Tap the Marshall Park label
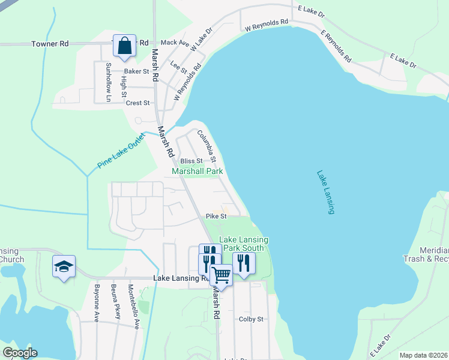(x=197, y=171)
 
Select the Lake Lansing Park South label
(x=244, y=244)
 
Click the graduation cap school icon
(x=64, y=266)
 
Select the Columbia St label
(x=206, y=147)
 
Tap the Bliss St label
(x=191, y=161)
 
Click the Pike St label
(x=215, y=216)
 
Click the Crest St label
(x=137, y=103)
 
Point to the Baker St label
(x=136, y=71)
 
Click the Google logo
(x=20, y=353)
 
